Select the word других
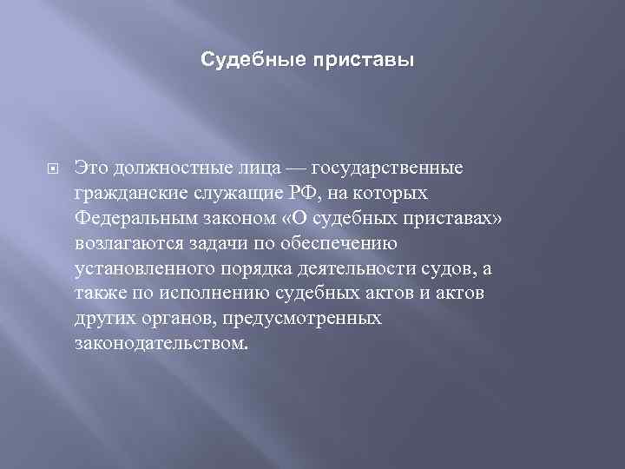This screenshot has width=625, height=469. click(x=100, y=317)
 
